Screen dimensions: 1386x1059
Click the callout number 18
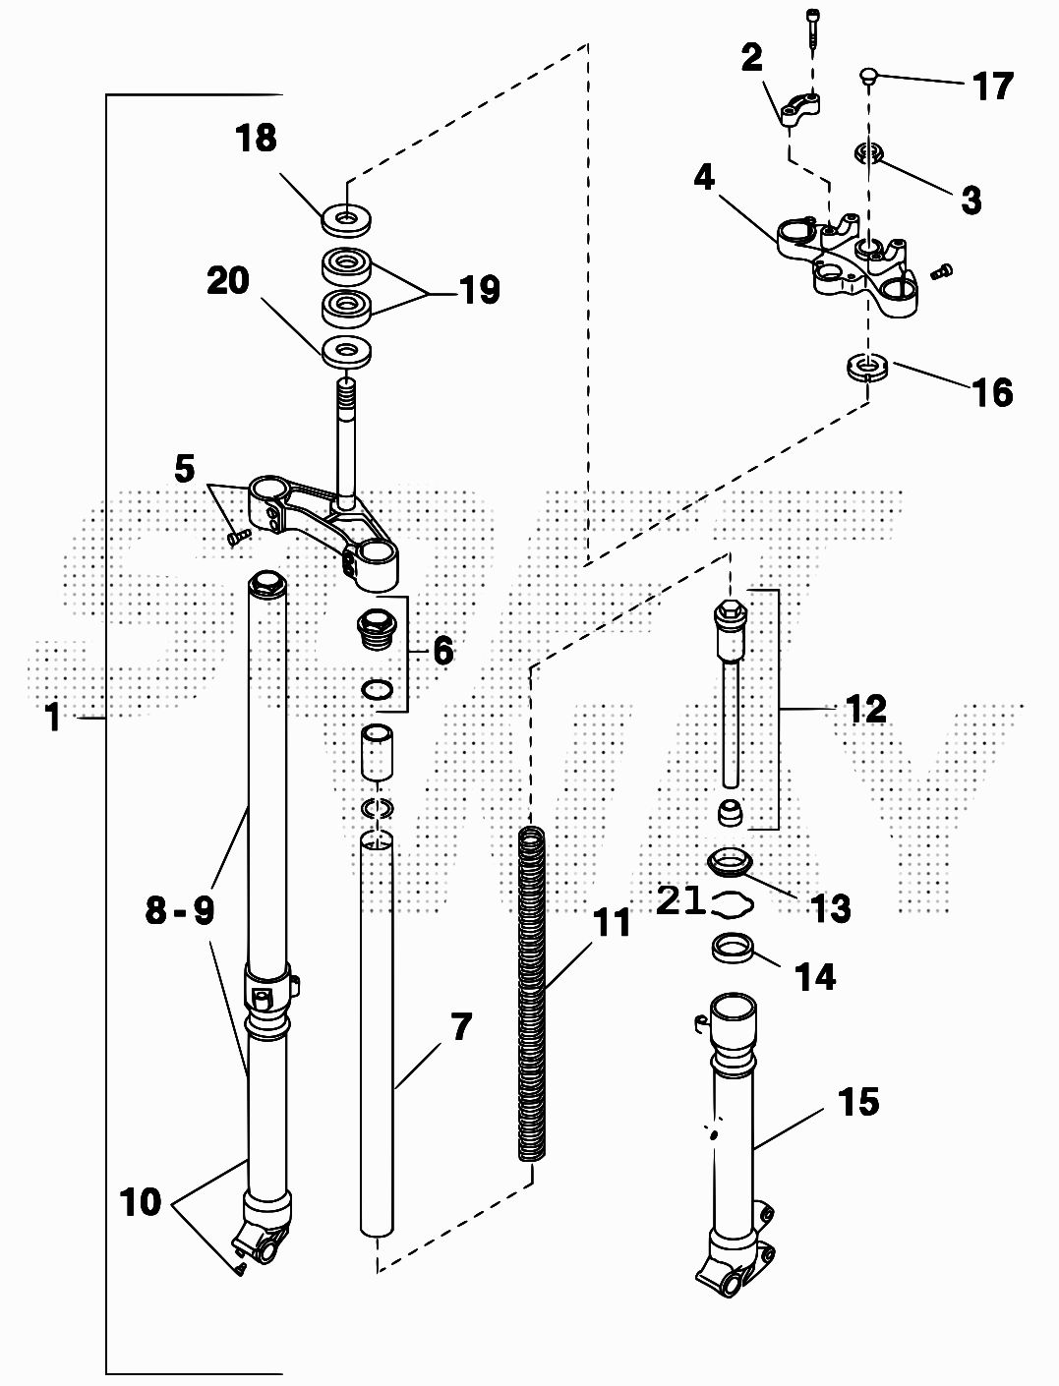tap(256, 139)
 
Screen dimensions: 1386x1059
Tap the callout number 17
tap(992, 87)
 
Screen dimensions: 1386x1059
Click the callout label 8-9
tap(179, 911)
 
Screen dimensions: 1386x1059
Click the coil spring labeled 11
tap(531, 993)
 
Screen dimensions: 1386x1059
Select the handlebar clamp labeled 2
tap(802, 108)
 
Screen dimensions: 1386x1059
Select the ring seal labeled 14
tap(733, 951)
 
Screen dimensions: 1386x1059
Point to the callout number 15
tap(857, 1102)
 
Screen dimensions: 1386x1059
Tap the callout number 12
tap(866, 709)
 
